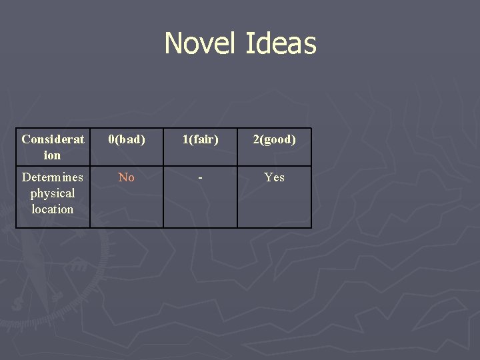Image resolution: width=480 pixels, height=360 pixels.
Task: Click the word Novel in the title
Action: coord(201,44)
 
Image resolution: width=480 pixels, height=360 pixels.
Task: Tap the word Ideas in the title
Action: coord(281,44)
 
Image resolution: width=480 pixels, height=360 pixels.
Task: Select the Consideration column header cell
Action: coord(53,147)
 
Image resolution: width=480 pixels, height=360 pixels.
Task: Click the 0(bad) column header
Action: coord(127,139)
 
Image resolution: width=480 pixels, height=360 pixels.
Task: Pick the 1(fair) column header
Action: coord(201,139)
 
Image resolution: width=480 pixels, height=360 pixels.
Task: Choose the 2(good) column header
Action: coord(274,139)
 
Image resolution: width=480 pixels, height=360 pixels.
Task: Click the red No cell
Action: coord(127,177)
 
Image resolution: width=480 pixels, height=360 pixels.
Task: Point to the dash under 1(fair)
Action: coord(201,178)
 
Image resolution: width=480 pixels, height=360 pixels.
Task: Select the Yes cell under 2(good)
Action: coord(274,177)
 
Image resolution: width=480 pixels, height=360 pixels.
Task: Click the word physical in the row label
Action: coord(53,193)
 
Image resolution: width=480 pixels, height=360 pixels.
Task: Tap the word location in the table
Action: coord(53,209)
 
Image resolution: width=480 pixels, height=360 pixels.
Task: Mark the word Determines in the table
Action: coord(53,177)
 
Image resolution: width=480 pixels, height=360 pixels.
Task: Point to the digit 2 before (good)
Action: coord(255,139)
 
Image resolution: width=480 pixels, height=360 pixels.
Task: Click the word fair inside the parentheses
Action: coord(203,139)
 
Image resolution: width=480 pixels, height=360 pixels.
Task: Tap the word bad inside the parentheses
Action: coord(129,139)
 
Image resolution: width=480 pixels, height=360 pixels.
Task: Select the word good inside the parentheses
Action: coord(277,139)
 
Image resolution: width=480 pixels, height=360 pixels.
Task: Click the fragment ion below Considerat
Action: coord(53,155)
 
